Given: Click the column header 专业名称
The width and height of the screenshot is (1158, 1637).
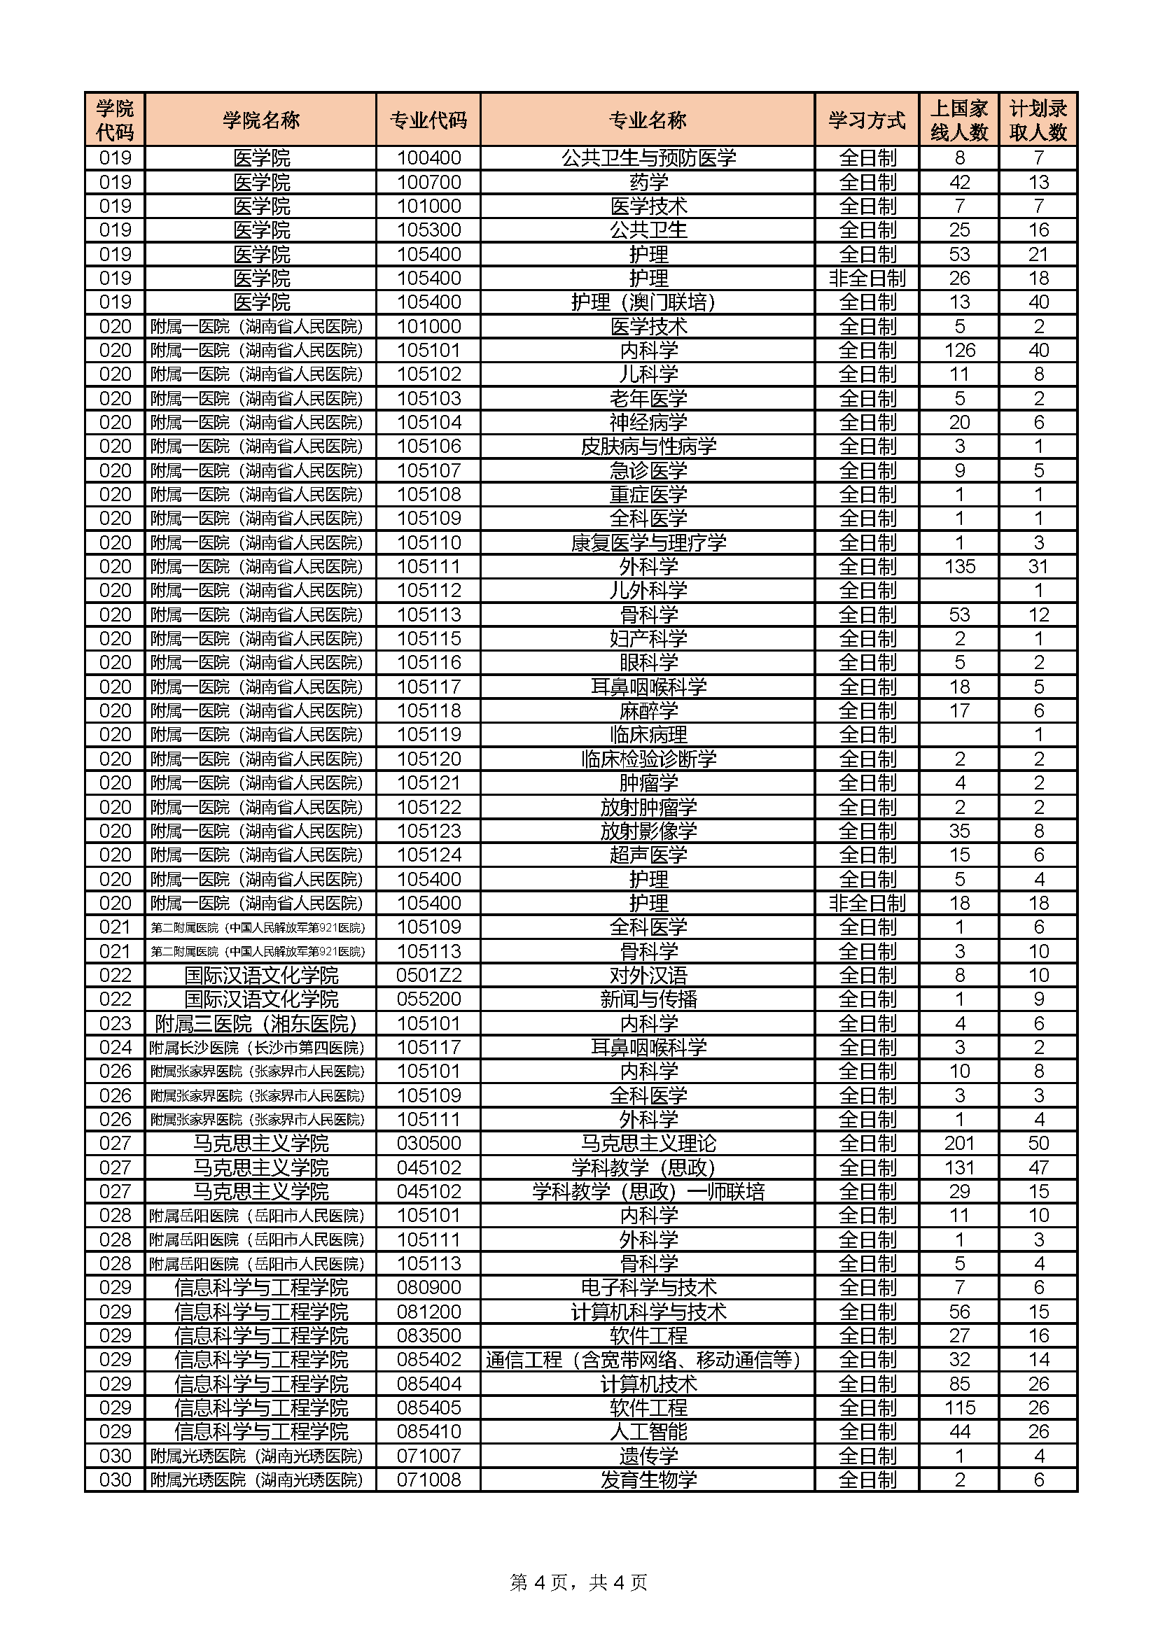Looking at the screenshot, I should coord(648,120).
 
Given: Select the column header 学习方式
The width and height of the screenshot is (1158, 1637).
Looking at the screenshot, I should coord(866,120).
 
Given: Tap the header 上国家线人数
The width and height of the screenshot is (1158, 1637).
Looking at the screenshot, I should coord(959,120).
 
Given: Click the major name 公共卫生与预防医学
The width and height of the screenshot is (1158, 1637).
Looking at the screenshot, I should coord(648,157).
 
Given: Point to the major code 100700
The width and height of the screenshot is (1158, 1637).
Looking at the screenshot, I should coord(428,182).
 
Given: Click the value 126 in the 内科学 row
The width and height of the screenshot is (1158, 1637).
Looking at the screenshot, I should coord(959,350).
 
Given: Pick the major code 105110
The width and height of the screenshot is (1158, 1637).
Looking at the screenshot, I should coord(428,542).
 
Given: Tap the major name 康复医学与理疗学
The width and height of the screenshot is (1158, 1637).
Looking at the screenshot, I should coord(648,542).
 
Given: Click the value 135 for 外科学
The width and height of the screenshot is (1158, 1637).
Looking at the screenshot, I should coord(959,567).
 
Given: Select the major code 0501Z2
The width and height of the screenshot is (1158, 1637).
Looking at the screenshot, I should coord(428,976).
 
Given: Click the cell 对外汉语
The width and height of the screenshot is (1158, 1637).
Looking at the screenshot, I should coord(648,976).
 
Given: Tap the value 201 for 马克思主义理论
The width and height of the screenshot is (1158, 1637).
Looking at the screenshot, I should coord(959,1144).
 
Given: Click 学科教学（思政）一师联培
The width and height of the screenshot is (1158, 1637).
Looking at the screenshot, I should coord(648,1191).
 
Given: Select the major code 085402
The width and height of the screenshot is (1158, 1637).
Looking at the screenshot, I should coord(428,1360).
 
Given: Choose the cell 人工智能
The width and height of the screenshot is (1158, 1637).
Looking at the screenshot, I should coord(648,1432).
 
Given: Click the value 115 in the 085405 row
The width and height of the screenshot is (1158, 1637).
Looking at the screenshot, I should coord(959,1408).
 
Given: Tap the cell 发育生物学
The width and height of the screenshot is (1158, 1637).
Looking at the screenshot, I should coord(648,1480).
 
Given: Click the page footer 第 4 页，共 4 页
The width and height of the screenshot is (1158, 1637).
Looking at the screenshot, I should coord(578,1583).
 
